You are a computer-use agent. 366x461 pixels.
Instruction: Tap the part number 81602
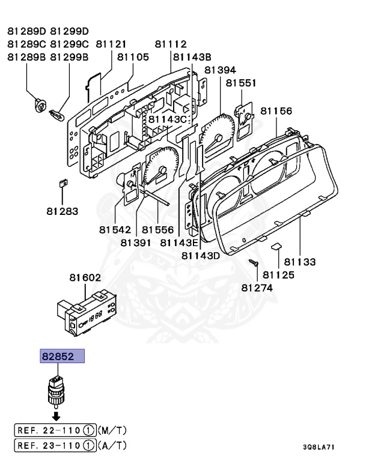pyautogui.click(x=85, y=277)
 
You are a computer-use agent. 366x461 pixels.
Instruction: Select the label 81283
pyautogui.click(x=63, y=211)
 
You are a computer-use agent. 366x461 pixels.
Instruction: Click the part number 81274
pyautogui.click(x=257, y=288)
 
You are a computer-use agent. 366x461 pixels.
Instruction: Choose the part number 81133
pyautogui.click(x=300, y=262)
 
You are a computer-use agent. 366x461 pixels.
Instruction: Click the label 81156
pyautogui.click(x=276, y=111)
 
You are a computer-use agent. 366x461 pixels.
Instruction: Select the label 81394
pyautogui.click(x=221, y=70)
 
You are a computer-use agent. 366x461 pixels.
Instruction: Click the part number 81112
pyautogui.click(x=170, y=44)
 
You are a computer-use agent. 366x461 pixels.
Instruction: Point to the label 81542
pyautogui.click(x=115, y=230)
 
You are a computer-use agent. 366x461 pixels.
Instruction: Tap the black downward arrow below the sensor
pyautogui.click(x=55, y=415)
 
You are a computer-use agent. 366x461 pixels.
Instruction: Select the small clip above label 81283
pyautogui.click(x=62, y=183)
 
